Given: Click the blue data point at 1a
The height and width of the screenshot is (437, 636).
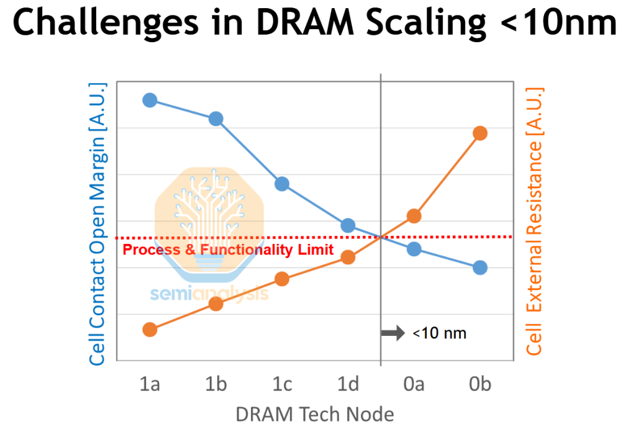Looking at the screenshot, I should tap(150, 100).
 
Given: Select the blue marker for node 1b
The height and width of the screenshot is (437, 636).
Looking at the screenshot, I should tap(216, 119).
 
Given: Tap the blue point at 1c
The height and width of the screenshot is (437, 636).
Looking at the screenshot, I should tap(282, 184).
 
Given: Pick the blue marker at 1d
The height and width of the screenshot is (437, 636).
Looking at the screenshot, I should tap(348, 225).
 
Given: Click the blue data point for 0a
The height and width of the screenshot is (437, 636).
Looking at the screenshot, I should tap(414, 249).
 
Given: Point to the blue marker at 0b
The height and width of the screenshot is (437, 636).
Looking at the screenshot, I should tap(480, 268).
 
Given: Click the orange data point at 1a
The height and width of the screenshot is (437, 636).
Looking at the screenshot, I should tap(150, 329).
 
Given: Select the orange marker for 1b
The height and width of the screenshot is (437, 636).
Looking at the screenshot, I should tap(216, 304).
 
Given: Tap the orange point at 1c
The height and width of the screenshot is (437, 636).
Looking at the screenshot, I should tap(282, 279).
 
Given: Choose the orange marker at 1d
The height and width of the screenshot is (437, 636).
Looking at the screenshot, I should tap(348, 257).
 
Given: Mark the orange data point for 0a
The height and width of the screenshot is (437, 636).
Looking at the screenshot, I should tap(414, 216).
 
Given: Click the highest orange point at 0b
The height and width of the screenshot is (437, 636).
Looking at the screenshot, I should tap(480, 133).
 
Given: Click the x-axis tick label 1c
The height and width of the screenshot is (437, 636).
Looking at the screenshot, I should tap(282, 385).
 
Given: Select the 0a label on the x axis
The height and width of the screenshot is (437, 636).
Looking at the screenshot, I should tap(414, 385).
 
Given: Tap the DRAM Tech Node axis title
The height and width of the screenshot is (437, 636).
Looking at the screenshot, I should tap(315, 414).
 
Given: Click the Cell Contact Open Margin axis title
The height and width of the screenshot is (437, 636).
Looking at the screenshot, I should tap(98, 223).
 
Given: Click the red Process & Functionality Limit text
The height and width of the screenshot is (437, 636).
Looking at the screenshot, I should tap(228, 250).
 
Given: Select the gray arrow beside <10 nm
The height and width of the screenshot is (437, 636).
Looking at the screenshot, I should tap(393, 333).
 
